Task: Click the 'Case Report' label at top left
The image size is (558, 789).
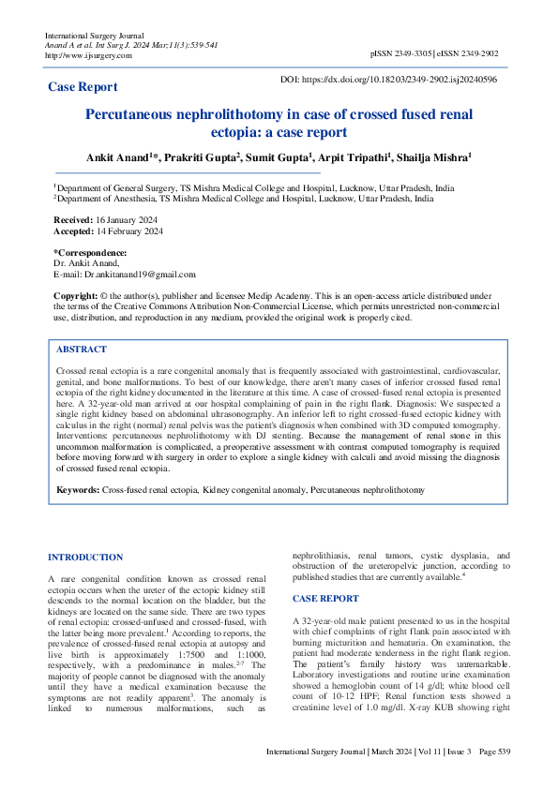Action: (83, 87)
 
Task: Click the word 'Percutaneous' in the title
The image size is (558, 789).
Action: (143, 114)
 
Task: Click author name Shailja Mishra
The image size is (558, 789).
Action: (435, 158)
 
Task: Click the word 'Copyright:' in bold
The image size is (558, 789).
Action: (75, 295)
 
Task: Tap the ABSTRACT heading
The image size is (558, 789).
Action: (82, 349)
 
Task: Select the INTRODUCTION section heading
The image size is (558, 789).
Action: (85, 558)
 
